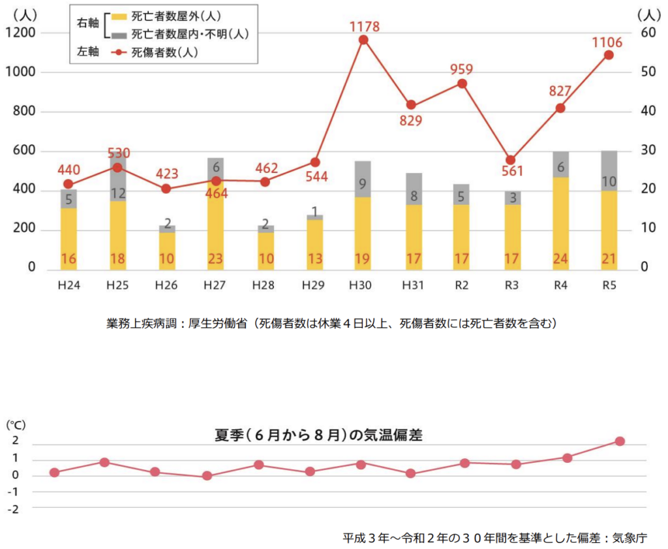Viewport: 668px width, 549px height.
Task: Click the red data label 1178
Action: point(364,27)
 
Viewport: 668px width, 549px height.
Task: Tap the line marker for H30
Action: point(364,40)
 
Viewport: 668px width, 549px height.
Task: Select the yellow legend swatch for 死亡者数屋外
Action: point(119,16)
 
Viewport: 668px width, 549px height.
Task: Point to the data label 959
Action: point(462,70)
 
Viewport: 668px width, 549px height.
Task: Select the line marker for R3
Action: point(511,160)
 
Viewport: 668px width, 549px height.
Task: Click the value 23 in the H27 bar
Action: point(215,259)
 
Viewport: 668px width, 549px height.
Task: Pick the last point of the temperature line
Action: point(620,442)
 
